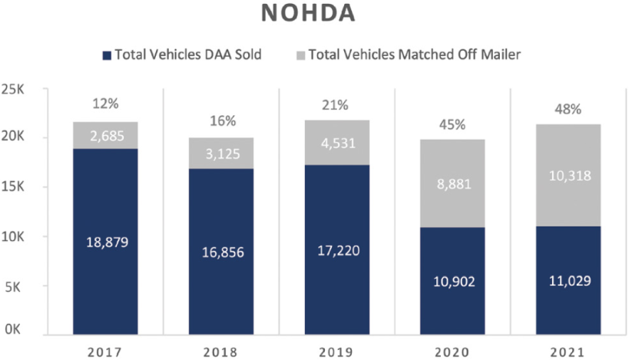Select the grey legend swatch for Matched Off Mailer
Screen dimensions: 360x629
(x=300, y=55)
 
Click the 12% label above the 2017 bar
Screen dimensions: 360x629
(x=106, y=104)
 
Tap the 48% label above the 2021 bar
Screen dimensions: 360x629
(x=568, y=108)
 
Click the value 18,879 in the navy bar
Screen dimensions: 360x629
(x=106, y=243)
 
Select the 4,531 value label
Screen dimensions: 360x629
(x=337, y=143)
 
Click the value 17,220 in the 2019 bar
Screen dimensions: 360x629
(x=337, y=250)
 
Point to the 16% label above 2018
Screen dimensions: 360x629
(x=221, y=121)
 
